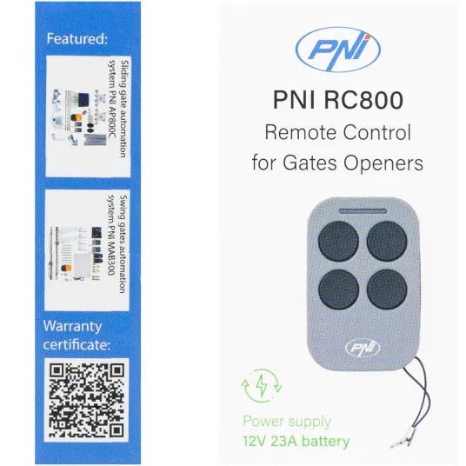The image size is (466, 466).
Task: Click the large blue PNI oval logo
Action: point(338,50)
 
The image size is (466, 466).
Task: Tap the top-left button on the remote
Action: point(338,242)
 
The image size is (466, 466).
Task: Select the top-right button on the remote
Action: point(387,242)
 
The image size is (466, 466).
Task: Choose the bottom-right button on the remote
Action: point(387,290)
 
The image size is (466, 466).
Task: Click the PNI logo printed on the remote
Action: point(363,348)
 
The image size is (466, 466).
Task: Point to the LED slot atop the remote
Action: point(363,211)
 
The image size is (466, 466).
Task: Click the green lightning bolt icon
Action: point(262,385)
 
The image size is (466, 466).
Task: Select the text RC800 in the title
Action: point(363,100)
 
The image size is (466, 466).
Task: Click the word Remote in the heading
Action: point(301,132)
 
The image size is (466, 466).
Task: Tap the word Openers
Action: point(383,163)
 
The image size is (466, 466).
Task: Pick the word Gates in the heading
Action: point(310,163)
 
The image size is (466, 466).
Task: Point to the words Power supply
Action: point(287,422)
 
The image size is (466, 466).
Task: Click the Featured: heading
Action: point(77,39)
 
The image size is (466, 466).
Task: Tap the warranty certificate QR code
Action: point(86,400)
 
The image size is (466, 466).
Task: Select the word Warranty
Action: point(72,327)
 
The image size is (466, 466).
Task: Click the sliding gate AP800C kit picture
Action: point(79,117)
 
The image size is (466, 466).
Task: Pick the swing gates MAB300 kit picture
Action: point(77,254)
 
